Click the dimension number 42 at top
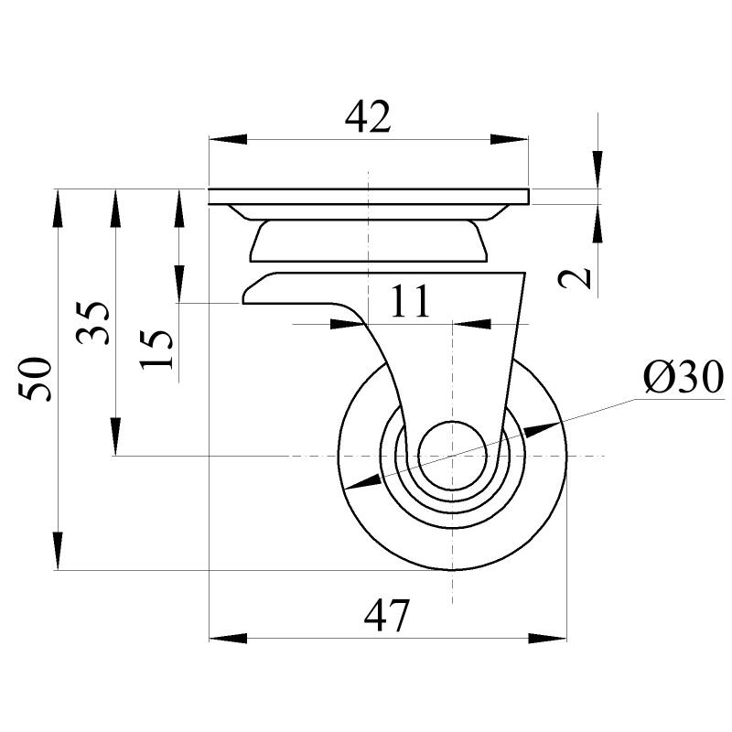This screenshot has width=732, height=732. (x=368, y=116)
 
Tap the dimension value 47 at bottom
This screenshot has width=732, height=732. (x=387, y=616)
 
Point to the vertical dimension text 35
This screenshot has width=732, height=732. (x=95, y=322)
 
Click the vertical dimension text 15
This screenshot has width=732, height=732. (x=157, y=348)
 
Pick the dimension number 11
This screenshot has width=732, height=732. (x=409, y=301)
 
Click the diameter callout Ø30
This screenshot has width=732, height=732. (x=683, y=377)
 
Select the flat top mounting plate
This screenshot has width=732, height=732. (x=368, y=197)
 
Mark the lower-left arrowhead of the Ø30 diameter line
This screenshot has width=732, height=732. (x=359, y=482)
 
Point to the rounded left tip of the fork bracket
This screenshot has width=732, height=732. (x=245, y=297)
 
